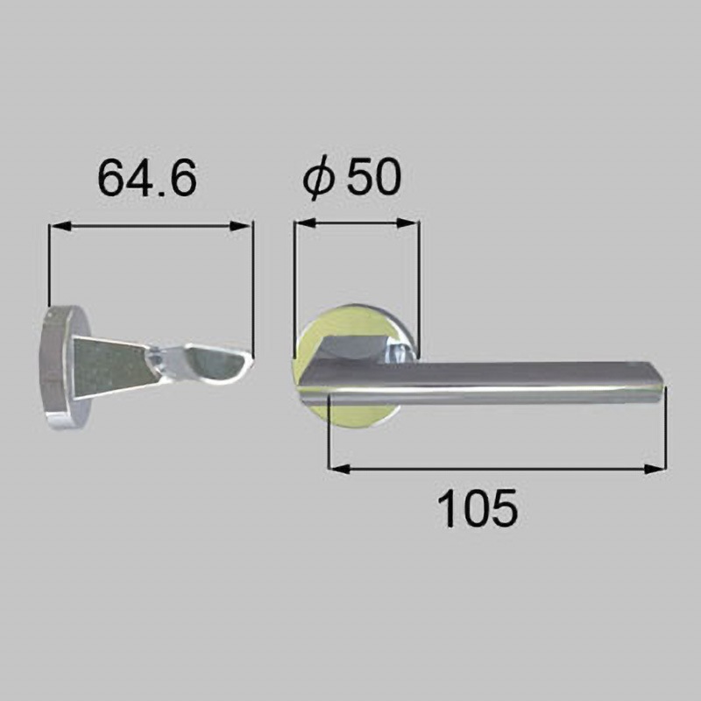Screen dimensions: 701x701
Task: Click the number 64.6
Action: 147,179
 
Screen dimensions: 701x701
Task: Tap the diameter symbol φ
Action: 319,179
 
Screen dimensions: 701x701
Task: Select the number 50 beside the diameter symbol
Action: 373,179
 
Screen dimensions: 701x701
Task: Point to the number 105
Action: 478,508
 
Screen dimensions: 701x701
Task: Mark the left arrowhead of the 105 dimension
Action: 337,469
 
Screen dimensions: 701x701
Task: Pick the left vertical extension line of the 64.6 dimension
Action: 49,263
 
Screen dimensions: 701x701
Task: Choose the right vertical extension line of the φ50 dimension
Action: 418,280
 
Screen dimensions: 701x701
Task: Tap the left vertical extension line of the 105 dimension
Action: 328,434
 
